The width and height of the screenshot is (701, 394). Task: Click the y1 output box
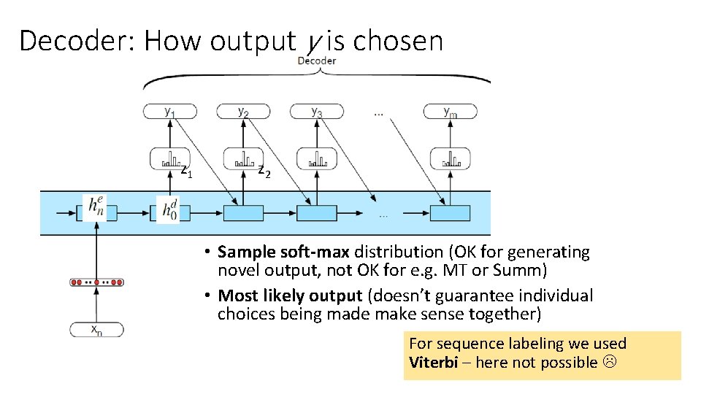point(169,112)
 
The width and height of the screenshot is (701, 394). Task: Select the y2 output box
point(242,112)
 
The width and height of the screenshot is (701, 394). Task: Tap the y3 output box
point(316,112)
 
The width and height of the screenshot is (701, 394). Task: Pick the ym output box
point(450,112)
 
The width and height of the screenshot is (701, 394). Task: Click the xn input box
point(96,329)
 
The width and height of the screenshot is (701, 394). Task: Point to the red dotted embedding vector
point(96,282)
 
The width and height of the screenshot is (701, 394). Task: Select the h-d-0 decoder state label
point(169,209)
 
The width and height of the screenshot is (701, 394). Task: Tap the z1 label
point(187,172)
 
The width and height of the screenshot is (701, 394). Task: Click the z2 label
point(264,172)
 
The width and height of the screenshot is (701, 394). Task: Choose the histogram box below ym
point(450,158)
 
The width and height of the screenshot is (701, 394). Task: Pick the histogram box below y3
point(316,158)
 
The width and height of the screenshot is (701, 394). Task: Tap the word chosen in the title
point(398,41)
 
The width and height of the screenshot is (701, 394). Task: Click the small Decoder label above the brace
point(317,61)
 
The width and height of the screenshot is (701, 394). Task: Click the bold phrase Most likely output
point(290,295)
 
